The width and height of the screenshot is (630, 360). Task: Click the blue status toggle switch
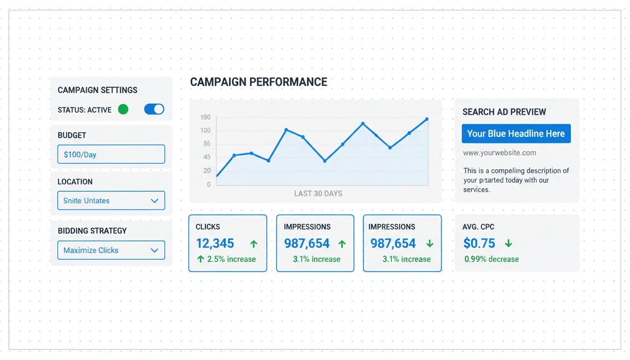(x=154, y=109)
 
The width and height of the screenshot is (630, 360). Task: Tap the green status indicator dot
(x=123, y=109)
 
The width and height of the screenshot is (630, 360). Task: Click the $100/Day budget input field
(x=111, y=154)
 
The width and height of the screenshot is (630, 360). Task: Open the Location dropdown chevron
(x=154, y=201)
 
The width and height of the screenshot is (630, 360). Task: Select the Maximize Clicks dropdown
(x=111, y=250)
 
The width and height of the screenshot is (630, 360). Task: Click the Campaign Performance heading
(x=258, y=82)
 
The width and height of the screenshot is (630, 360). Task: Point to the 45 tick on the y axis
(x=207, y=157)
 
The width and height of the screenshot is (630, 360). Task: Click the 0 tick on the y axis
(x=209, y=185)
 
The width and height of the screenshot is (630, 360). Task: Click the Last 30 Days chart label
(x=318, y=193)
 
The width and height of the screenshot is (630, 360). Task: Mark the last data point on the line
(x=427, y=119)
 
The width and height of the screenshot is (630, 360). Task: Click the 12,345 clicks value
(x=215, y=244)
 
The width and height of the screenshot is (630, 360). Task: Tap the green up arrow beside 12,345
(x=254, y=244)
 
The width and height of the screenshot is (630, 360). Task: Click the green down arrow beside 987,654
(x=429, y=244)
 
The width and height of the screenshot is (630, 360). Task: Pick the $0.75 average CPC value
(x=479, y=243)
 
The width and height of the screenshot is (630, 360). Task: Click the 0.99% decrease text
(x=491, y=259)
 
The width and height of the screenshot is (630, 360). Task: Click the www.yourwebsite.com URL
(x=499, y=153)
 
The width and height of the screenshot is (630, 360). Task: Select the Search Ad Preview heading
(x=504, y=112)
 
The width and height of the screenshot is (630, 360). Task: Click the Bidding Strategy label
(x=92, y=231)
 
